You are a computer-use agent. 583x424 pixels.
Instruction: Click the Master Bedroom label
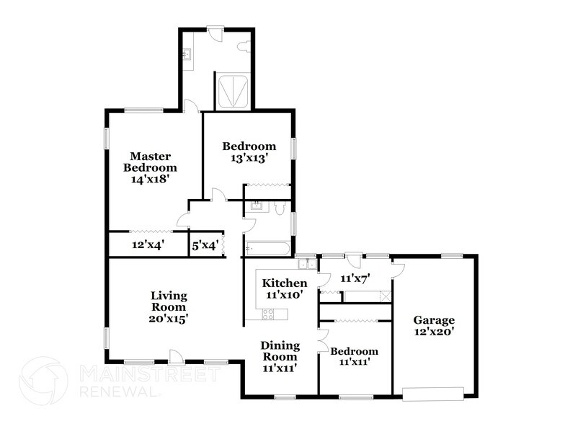pos(149,162)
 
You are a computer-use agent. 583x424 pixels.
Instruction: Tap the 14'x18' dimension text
pos(149,180)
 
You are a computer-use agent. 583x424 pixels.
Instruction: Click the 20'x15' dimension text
pos(169,317)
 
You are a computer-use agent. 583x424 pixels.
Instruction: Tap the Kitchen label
pos(284,283)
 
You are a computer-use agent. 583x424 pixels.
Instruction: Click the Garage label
pos(433,320)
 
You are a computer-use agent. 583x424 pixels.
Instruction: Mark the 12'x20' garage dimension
pos(433,332)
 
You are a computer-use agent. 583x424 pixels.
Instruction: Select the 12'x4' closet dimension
pos(148,245)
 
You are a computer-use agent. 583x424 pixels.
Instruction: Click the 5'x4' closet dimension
pos(205,245)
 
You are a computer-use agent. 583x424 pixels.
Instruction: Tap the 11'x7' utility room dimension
pos(355,278)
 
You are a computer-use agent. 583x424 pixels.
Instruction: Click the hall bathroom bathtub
pos(268,248)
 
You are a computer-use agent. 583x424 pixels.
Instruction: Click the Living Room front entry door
pos(174,355)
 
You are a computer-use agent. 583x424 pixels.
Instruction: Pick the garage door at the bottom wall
pos(432,394)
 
